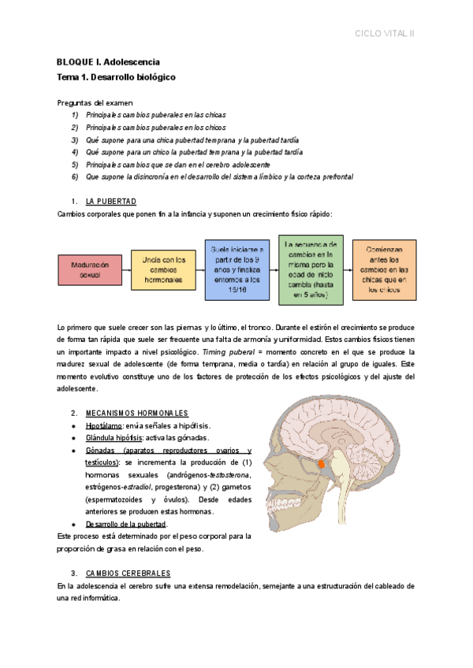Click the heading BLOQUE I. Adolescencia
coord(108,61)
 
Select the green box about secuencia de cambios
coord(311,269)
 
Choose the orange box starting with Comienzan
coord(385,269)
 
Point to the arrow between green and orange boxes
coord(348,270)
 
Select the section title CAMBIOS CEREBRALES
coord(128,573)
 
